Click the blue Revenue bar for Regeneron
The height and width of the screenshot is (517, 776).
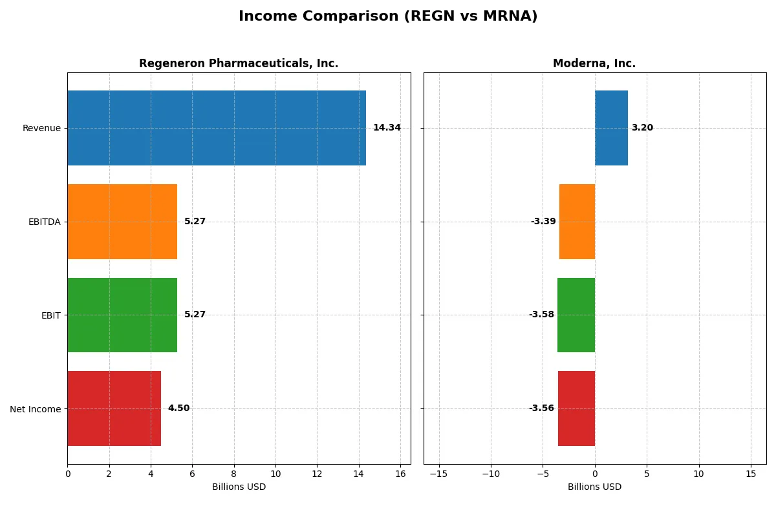point(217,128)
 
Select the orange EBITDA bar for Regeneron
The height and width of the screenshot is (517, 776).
point(122,222)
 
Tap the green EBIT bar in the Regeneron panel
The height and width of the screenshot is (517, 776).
point(122,315)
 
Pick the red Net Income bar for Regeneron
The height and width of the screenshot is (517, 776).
point(114,408)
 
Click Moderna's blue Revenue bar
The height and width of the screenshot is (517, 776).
point(611,128)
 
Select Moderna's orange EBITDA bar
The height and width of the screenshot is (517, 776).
point(577,222)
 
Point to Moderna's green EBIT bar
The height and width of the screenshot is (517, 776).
point(576,315)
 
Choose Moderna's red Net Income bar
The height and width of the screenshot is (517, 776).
point(576,408)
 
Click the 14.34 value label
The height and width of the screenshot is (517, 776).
point(387,128)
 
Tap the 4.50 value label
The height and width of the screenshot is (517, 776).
point(178,408)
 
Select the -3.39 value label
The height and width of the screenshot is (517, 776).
point(543,222)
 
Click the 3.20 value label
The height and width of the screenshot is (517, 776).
point(642,128)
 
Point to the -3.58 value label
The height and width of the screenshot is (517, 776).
point(541,315)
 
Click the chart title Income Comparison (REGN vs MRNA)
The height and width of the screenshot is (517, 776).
point(388,17)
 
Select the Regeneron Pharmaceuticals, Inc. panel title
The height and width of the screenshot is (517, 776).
point(239,64)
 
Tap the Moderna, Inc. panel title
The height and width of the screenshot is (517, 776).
point(594,64)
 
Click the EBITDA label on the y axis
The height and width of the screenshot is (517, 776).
point(45,222)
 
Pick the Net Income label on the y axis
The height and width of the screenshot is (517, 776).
point(36,409)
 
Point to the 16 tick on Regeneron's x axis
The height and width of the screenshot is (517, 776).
point(400,474)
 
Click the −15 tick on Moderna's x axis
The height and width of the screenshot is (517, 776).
point(438,474)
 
